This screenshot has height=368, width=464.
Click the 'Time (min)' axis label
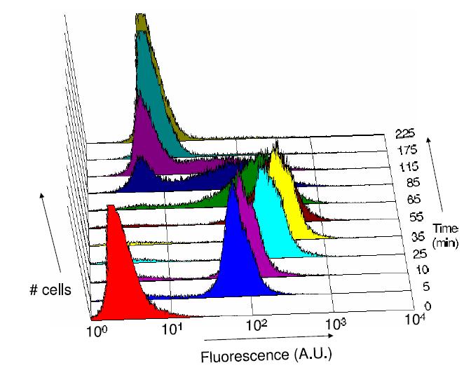point(446,234)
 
